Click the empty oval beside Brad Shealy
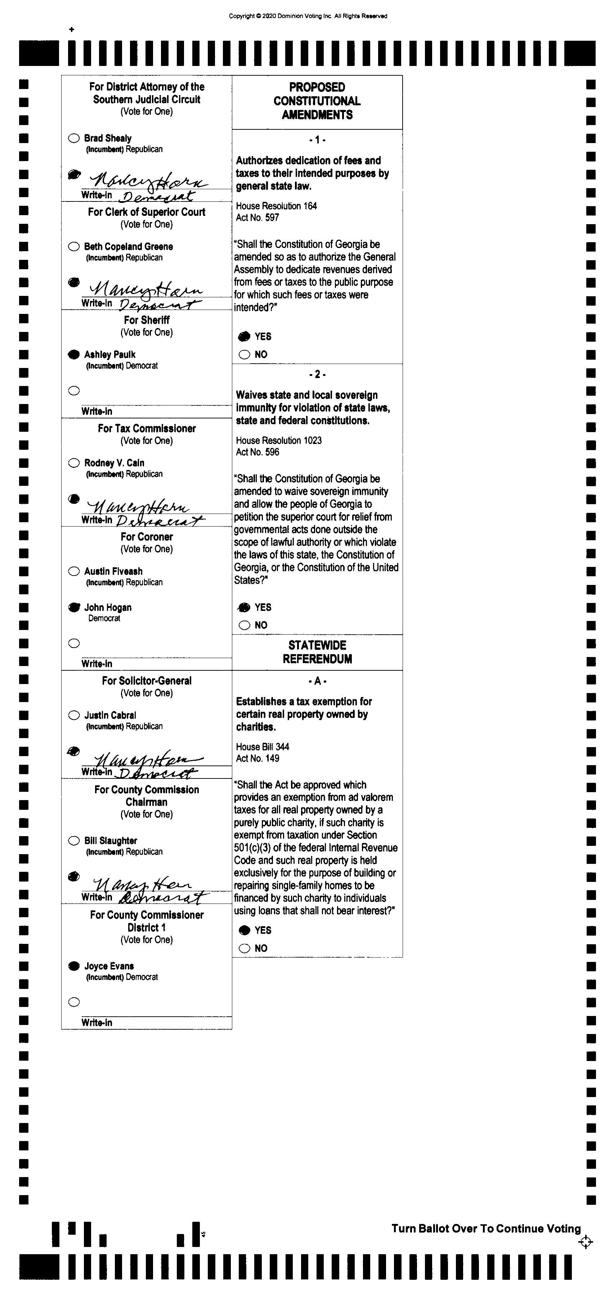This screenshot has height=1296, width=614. point(74,138)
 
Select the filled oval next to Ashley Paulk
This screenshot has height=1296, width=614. point(74,355)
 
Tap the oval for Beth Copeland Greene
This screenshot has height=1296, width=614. point(74,247)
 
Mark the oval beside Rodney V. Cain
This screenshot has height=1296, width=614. point(74,463)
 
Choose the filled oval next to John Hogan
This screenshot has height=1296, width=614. point(74,607)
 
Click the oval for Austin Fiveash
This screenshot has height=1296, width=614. point(74,571)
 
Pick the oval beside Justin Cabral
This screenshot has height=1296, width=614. point(74,715)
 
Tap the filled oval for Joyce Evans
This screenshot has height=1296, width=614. point(74,966)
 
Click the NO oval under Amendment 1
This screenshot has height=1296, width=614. point(245,355)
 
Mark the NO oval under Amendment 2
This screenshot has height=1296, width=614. point(245,625)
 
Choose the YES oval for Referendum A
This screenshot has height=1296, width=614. point(245,930)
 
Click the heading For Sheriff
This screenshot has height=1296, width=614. point(146,320)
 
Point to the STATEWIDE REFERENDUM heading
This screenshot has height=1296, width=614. point(317,652)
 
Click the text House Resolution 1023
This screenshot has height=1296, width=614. point(279,440)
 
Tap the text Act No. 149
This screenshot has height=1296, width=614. point(257,758)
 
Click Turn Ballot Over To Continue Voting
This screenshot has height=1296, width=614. point(486,1229)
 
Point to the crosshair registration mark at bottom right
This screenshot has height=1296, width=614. point(585,1242)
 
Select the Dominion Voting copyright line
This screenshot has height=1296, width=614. point(308,16)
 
